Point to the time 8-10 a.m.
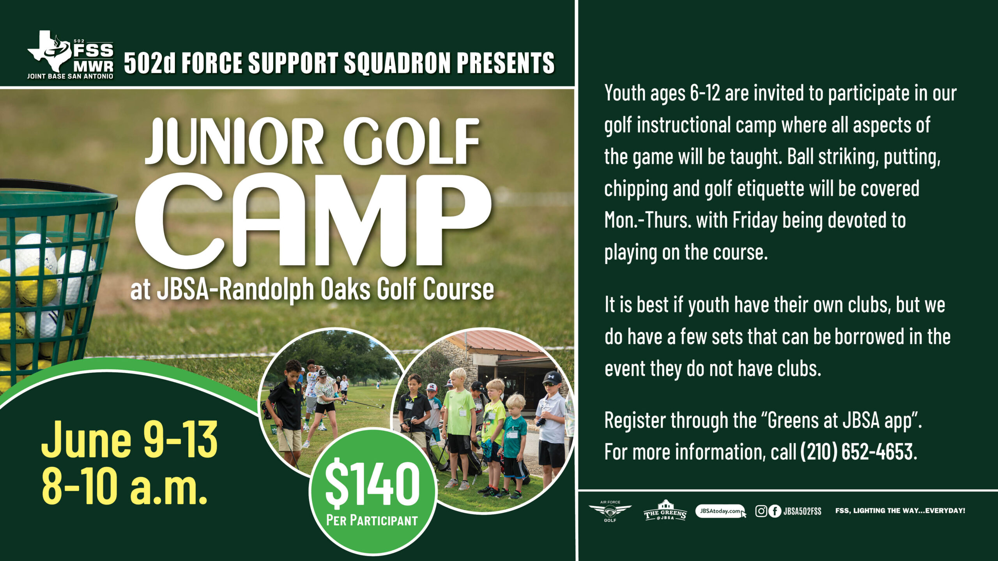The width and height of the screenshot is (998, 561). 124,486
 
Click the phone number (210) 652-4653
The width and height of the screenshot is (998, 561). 858,452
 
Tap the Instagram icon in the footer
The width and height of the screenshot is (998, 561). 761,511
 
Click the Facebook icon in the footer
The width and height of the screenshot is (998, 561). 775,511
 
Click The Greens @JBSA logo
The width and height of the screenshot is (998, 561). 665,511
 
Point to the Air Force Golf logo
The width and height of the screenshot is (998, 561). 610,511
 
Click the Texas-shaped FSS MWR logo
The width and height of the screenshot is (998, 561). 70,55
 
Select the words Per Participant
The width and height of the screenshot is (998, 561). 372,520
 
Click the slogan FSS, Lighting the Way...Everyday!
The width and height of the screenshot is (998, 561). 900,511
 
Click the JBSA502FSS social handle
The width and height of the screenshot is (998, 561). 802,511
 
